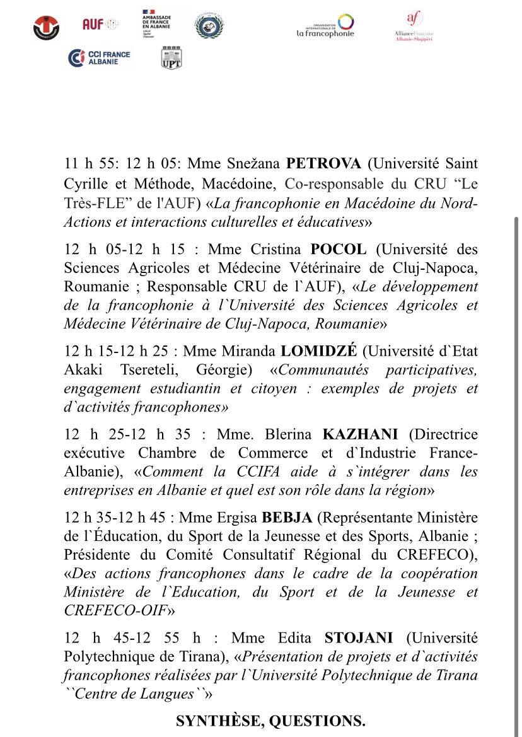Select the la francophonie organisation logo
point(325,26)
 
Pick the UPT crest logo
point(171,57)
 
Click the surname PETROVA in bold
point(324,164)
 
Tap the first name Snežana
point(252,164)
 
